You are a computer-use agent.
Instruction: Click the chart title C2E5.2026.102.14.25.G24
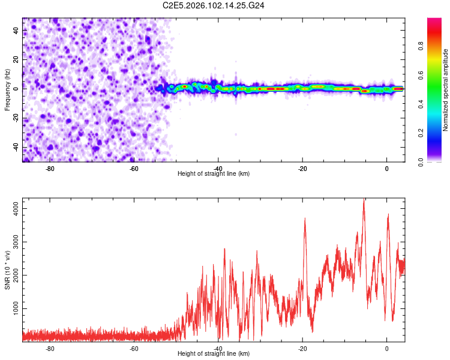[214, 5]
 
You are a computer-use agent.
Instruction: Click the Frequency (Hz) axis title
[7, 89]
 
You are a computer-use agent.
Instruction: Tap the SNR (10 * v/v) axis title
[7, 271]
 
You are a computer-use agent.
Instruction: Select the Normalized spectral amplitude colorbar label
[445, 90]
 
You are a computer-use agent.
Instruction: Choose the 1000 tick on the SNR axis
[14, 308]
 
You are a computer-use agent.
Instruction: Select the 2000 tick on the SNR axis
[14, 275]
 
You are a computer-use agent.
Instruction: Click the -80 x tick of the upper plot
[50, 168]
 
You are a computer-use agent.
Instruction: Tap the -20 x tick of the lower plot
[302, 348]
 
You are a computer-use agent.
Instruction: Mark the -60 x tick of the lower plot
[134, 348]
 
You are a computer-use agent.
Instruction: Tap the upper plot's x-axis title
[214, 174]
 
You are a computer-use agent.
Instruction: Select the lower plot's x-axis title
[214, 354]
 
